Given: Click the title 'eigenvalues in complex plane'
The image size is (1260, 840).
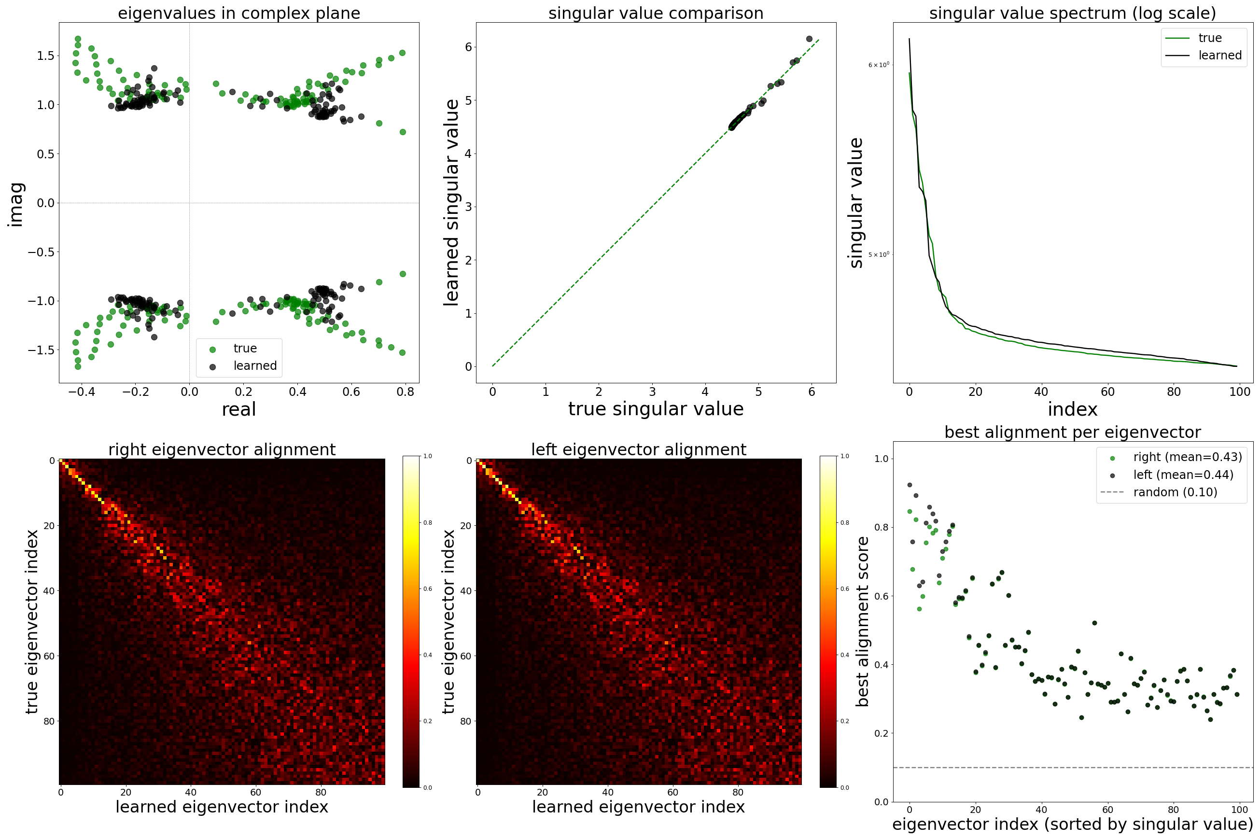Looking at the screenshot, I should coord(239,13).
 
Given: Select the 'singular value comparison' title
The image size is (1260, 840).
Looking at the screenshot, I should coord(656,13).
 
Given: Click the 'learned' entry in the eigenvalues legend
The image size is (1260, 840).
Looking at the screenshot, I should coord(254,366).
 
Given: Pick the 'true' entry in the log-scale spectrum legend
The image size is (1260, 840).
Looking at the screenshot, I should coord(1210,38).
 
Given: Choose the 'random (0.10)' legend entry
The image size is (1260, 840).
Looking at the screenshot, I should coord(1175,492).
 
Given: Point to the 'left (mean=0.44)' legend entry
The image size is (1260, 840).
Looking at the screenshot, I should coord(1183,475).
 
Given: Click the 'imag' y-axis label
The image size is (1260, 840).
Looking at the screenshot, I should coord(16,204).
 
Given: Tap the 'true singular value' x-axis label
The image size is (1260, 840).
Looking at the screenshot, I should coord(656,409).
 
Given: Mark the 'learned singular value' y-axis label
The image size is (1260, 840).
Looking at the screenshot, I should coord(451,202).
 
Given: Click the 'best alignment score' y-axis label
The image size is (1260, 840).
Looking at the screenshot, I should coord(862,621).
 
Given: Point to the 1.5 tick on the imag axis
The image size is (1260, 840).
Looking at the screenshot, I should coord(45,56).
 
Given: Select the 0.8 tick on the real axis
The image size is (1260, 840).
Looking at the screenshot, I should coord(406,392).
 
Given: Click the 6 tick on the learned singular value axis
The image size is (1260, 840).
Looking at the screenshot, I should coord(468,47).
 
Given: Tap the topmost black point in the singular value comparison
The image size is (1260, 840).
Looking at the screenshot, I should coord(809,39).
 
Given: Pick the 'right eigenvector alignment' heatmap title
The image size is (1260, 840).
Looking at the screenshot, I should coord(222,449).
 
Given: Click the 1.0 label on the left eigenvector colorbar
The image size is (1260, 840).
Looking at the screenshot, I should coord(844,456).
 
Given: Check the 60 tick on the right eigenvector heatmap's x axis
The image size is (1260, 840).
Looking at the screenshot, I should coord(255,792).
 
